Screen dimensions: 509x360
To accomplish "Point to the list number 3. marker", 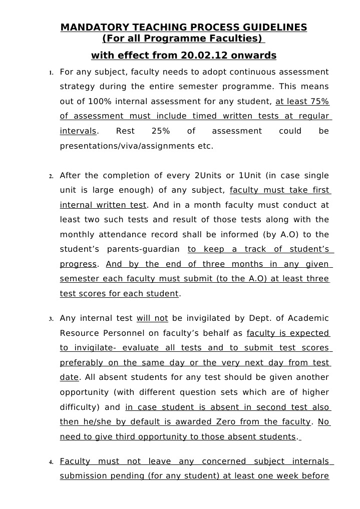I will point(51,319).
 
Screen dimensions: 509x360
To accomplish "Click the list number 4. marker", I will point(51,462).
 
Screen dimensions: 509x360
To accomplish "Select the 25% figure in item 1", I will point(160,131).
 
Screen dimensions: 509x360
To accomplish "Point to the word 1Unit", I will point(249,176).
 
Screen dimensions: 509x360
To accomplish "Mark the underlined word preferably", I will point(80,363).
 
